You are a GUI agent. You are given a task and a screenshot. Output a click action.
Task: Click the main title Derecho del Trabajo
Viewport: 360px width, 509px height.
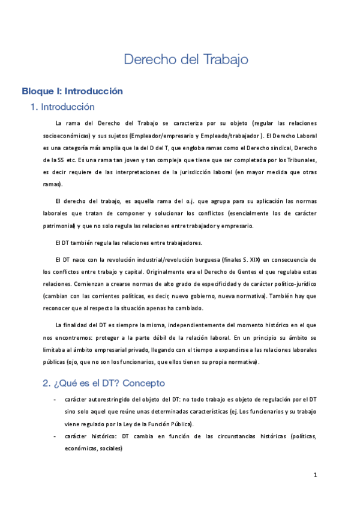click(185, 59)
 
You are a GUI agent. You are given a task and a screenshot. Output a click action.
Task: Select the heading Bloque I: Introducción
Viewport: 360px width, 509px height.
click(72, 91)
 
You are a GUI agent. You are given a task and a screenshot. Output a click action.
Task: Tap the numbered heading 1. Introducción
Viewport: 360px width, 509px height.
click(62, 107)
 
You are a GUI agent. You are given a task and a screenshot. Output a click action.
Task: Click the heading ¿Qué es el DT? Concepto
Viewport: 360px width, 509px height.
click(103, 382)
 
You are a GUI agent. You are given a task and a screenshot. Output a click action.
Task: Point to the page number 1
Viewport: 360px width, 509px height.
click(315, 475)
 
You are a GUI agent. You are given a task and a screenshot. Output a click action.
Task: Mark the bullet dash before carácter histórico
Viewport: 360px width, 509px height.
click(55, 435)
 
